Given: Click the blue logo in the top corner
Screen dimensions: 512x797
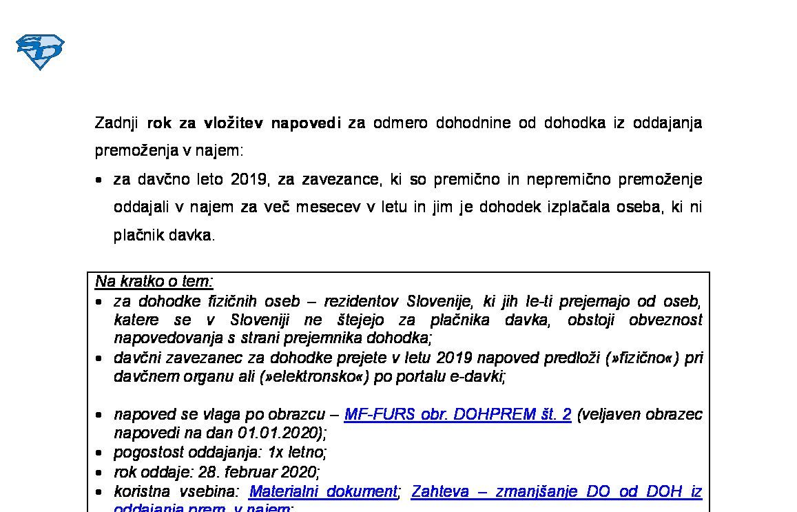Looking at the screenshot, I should coord(40,52).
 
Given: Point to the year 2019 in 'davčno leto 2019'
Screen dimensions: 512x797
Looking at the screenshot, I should coord(249,180).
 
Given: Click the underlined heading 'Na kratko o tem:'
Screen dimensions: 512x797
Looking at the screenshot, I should coord(154,281).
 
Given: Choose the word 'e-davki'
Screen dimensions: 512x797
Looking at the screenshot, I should coord(482,376).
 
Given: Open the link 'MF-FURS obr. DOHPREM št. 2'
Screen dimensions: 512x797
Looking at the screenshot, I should coord(457,414).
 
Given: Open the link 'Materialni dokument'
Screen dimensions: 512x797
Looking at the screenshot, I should coord(323,491).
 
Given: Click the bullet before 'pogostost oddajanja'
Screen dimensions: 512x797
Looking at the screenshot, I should coord(101,453).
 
